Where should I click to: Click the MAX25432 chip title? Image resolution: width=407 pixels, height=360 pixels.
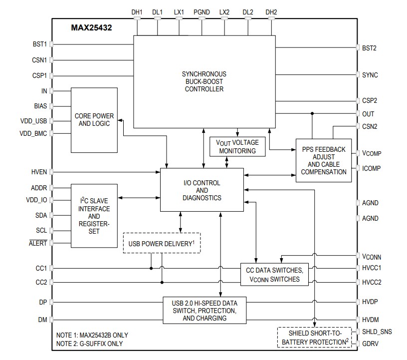91,28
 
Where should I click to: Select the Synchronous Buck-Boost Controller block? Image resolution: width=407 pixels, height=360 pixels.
204,81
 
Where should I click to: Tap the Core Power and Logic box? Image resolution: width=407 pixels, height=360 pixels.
94,120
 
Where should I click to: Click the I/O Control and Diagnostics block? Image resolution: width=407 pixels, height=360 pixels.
202,190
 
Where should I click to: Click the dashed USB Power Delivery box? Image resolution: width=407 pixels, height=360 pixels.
162,243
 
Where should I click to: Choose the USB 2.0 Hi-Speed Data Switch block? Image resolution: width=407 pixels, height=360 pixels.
204,310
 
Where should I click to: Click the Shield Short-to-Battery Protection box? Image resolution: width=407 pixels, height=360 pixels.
314,338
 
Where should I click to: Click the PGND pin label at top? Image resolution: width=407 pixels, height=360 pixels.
202,11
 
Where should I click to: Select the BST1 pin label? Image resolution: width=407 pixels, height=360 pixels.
39,44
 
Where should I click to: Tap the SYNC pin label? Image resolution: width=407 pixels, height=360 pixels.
370,75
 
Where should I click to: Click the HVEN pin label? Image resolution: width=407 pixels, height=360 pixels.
38,172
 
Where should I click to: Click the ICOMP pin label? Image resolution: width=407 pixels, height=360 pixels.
371,168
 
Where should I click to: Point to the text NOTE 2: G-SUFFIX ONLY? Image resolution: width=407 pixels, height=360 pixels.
89,344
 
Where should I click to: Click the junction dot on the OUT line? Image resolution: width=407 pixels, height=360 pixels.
312,113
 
